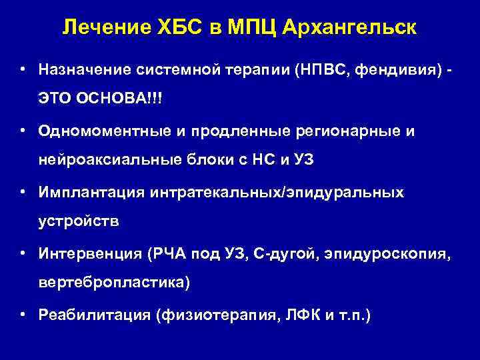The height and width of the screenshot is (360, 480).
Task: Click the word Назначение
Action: [x=83, y=70]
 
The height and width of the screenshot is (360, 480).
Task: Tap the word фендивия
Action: [x=397, y=70]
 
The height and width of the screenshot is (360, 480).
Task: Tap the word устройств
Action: [x=78, y=222]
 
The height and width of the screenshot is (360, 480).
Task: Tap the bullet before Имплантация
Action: [x=23, y=192]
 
